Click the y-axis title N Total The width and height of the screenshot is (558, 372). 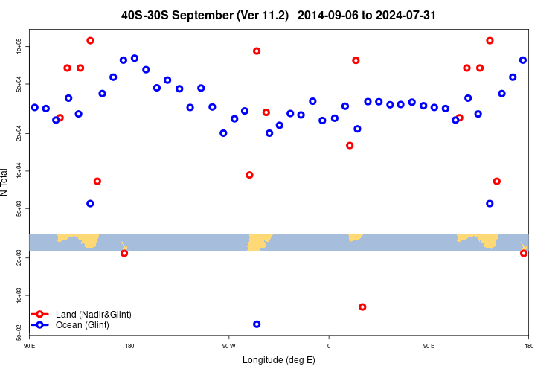[5, 182]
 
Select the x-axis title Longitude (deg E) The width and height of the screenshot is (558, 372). [279, 360]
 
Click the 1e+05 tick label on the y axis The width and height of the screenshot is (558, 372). [19, 47]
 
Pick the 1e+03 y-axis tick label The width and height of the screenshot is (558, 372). [19, 296]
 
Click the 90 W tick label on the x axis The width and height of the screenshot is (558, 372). [229, 345]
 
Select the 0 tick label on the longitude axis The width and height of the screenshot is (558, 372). [329, 345]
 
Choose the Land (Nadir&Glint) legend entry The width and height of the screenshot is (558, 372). [93, 315]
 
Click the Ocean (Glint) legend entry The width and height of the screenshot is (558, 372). [82, 325]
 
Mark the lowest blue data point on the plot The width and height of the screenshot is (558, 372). [257, 324]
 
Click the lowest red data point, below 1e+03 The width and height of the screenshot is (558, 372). [362, 307]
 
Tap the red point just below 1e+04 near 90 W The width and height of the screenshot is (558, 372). [249, 175]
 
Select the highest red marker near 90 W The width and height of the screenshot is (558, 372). [257, 51]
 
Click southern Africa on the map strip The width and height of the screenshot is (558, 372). [355, 237]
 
